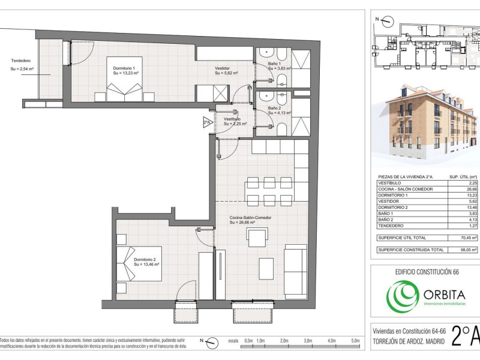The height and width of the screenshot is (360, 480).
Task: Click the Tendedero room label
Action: pos(21,61)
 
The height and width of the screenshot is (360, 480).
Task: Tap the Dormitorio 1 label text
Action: pos(124,68)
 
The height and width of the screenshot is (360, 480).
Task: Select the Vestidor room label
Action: pos(222,68)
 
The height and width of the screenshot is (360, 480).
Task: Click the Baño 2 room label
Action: pos(274,108)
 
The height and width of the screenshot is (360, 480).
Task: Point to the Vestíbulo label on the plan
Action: pos(232,119)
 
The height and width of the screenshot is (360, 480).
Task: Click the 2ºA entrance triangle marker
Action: pos(207,122)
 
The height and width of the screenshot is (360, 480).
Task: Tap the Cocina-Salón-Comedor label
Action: pos(250,218)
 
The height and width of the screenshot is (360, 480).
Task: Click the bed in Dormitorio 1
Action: pos(124,79)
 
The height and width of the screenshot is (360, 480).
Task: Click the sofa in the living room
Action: pos(295,272)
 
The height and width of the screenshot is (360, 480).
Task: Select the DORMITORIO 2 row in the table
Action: pos(427,207)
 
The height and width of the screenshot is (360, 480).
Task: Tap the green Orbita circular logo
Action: pos(402,296)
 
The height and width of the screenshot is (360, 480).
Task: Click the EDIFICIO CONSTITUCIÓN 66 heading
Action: pos(427,272)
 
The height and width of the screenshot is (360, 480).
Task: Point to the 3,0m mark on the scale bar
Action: pos(308,341)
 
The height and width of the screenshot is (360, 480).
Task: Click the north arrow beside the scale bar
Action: pos(211,343)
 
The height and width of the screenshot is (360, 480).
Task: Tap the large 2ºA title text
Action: pos(466,336)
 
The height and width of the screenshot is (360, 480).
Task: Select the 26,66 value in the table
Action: pos(472,189)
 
